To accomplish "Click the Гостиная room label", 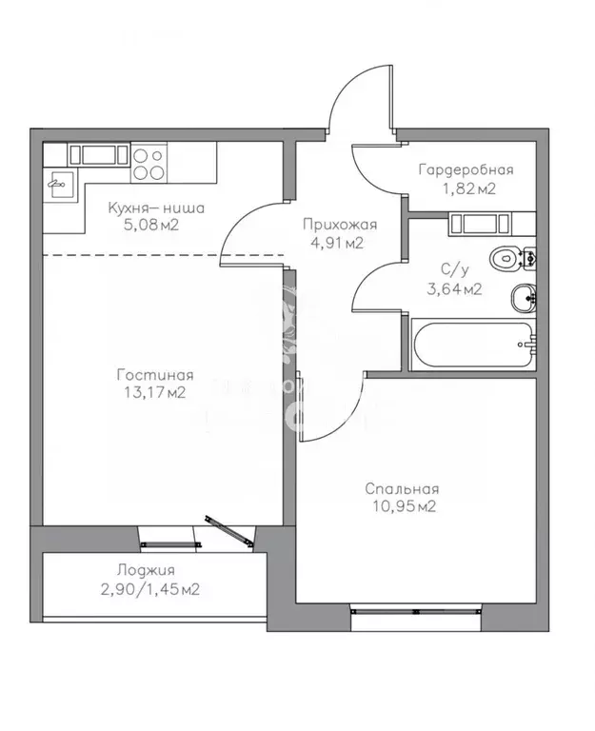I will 158,374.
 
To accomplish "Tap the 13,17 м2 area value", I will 158,391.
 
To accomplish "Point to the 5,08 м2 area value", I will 153,225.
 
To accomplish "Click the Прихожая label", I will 340,226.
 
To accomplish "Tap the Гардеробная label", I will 466,170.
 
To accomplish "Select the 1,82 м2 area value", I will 466,188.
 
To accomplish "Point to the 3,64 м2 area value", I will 452,289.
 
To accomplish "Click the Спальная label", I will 402,489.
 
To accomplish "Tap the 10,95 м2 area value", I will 402,506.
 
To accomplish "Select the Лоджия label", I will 145,570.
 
